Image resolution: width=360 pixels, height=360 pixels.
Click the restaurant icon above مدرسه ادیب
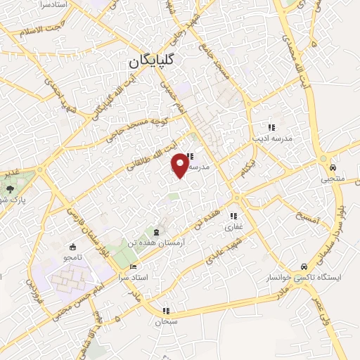[271, 127]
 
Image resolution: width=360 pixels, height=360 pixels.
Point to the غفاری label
[233, 227]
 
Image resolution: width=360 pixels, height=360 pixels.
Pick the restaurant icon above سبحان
[166, 310]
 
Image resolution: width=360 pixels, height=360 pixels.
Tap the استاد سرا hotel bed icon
[133, 268]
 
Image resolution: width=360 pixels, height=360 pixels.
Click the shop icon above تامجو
[72, 247]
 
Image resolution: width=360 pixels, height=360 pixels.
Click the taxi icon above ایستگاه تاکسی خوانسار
[303, 267]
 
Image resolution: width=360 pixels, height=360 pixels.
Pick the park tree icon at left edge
[9, 188]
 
